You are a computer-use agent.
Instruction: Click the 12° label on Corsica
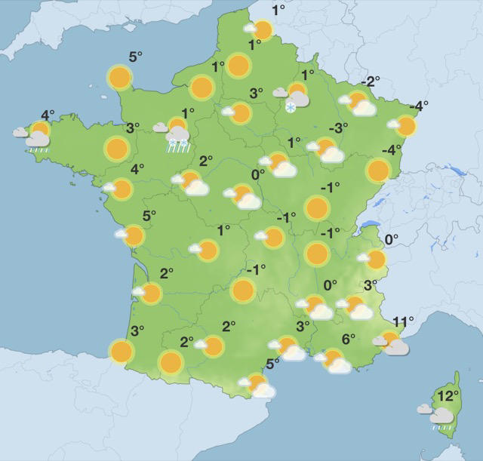(x=449, y=395)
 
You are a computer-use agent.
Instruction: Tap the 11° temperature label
(x=404, y=322)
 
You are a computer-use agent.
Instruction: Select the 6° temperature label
(x=348, y=339)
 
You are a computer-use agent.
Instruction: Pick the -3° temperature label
(x=339, y=128)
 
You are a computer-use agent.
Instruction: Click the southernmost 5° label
(x=272, y=364)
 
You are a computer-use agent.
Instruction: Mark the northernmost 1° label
(x=278, y=10)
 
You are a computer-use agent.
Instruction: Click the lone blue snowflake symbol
(x=291, y=109)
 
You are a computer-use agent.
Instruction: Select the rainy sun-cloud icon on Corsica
(x=441, y=415)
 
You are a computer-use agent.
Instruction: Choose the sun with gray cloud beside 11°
(x=392, y=344)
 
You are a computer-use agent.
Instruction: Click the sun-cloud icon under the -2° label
(x=359, y=104)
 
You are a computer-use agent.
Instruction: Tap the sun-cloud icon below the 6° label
(x=335, y=361)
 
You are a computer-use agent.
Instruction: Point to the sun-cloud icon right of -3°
(x=328, y=150)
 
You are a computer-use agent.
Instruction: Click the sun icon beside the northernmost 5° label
(x=119, y=77)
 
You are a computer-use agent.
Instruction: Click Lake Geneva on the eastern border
(x=368, y=224)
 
